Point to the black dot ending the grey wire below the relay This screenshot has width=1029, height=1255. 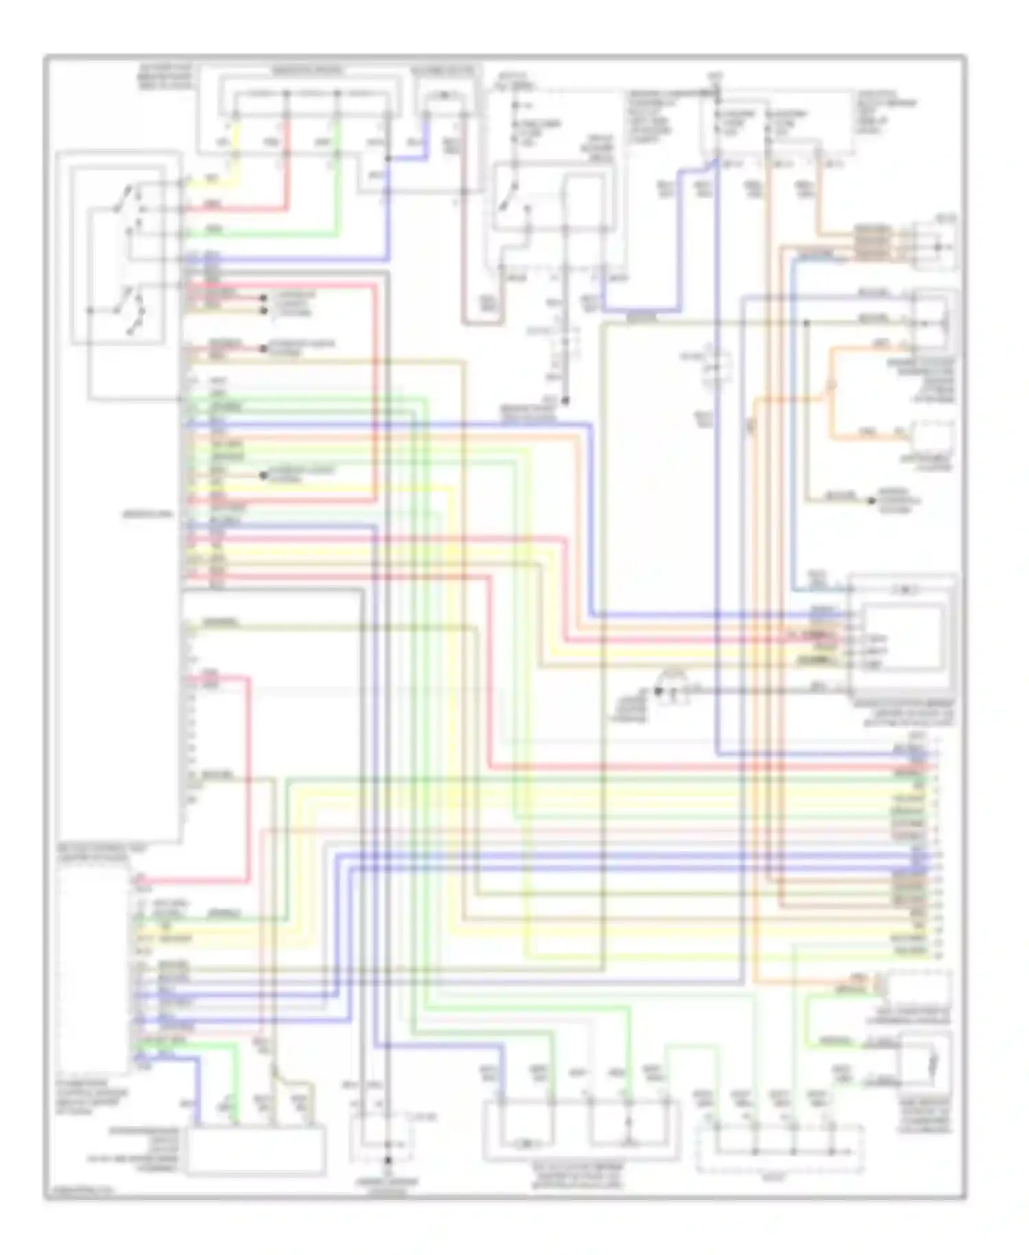566,400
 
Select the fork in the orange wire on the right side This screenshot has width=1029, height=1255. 831,391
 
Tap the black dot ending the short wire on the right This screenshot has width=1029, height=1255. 873,500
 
